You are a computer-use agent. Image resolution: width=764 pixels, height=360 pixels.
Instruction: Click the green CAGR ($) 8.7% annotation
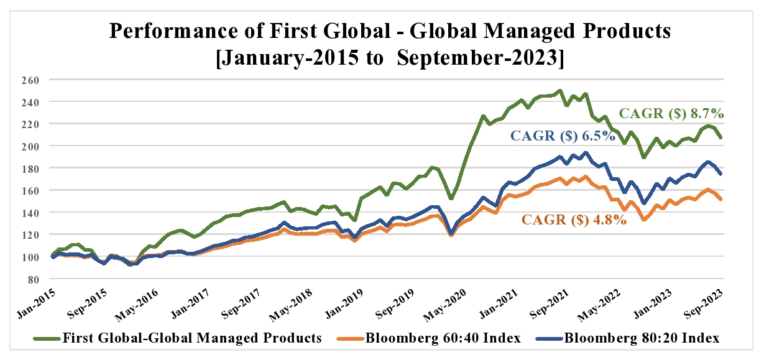click(671, 114)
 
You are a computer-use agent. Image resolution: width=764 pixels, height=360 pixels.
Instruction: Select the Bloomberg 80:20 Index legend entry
click(642, 338)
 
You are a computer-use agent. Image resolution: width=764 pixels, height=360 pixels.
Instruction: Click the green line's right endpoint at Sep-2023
click(721, 137)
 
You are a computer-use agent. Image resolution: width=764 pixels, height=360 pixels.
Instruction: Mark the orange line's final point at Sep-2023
click(721, 200)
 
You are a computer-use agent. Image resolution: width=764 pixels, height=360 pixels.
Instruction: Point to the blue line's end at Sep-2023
click(721, 174)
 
